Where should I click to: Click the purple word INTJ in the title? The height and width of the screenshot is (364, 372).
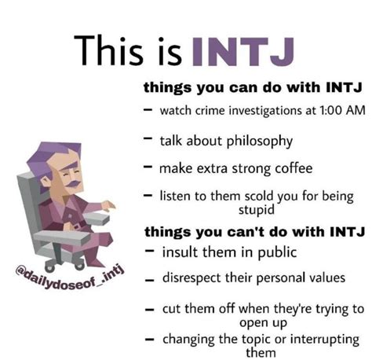[243, 52]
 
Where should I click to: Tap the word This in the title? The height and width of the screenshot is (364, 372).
[108, 50]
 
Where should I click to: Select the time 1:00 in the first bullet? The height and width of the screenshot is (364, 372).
[330, 110]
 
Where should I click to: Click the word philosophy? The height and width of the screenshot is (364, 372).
[259, 142]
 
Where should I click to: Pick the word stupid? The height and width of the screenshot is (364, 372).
[257, 210]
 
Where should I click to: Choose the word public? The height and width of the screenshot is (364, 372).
[277, 252]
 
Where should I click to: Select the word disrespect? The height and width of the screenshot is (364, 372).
[192, 278]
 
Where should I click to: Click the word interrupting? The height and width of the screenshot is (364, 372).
[325, 340]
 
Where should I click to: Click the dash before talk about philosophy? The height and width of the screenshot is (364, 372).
[148, 138]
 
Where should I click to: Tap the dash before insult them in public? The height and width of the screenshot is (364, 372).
[149, 251]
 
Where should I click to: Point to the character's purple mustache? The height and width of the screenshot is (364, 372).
[72, 183]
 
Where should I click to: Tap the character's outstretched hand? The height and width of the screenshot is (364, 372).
[108, 205]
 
